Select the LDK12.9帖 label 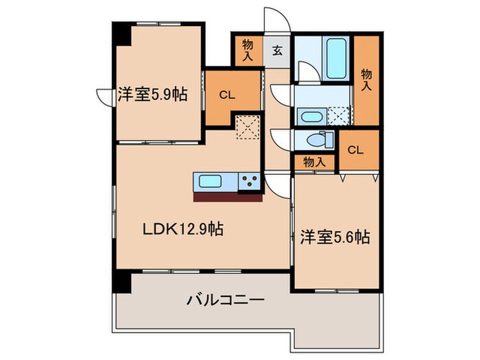[x=182, y=229]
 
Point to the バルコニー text [x=226, y=300]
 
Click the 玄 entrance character [x=277, y=50]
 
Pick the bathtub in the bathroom [x=336, y=60]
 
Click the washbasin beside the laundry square [x=311, y=116]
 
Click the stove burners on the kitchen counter [x=249, y=182]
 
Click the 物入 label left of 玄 [x=248, y=50]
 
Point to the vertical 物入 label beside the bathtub [x=366, y=79]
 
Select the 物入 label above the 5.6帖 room [x=313, y=162]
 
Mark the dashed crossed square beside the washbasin [x=339, y=116]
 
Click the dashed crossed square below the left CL [x=245, y=128]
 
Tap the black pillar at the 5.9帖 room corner [x=121, y=35]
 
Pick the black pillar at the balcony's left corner [x=121, y=280]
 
